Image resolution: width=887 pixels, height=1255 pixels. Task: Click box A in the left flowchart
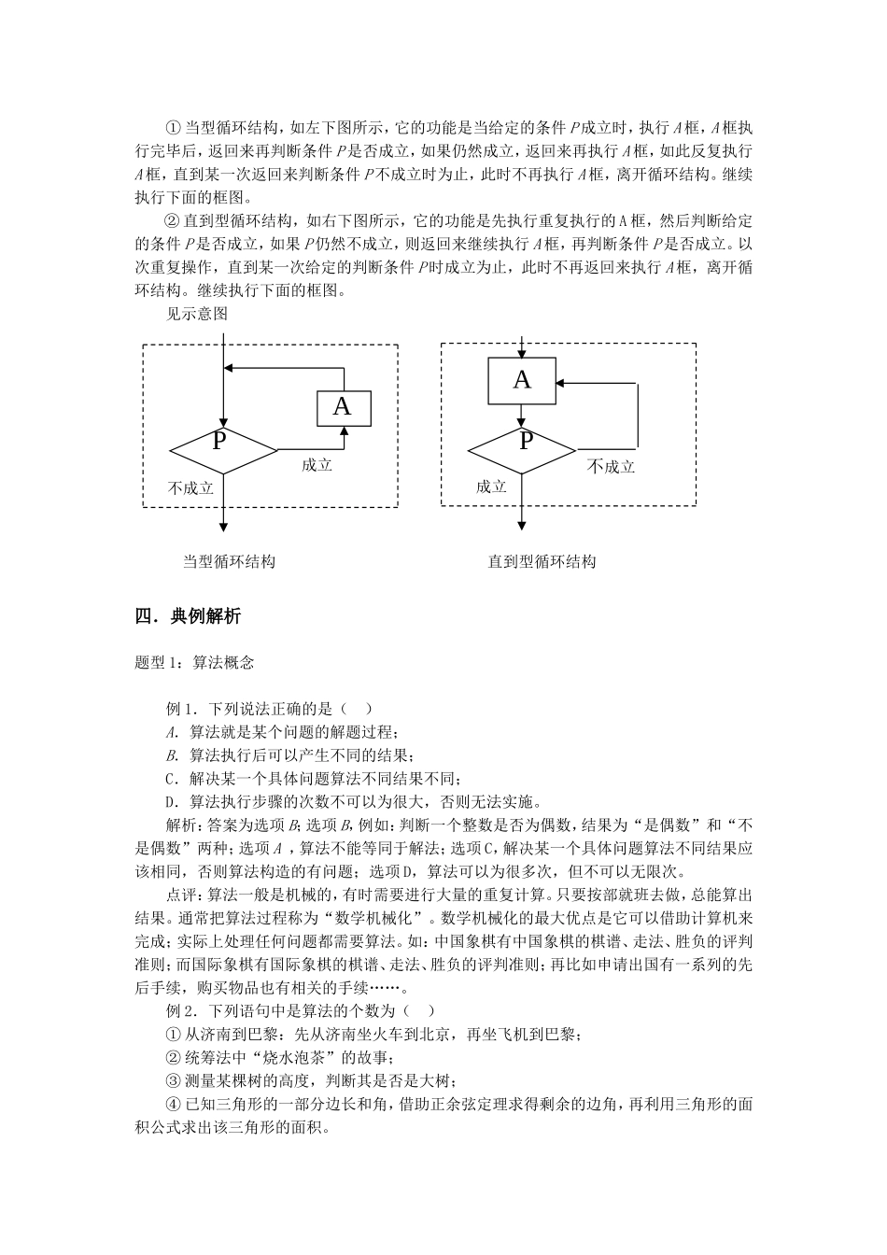click(344, 407)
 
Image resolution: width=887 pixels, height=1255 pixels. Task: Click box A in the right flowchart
click(522, 380)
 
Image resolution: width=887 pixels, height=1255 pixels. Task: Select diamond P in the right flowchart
click(521, 450)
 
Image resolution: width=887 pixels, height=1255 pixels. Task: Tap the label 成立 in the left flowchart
click(317, 464)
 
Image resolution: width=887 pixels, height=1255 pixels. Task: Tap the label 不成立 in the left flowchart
click(190, 487)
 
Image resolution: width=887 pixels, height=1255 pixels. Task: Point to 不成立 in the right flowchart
click(611, 466)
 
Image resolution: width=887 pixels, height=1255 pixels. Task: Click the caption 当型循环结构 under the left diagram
click(229, 561)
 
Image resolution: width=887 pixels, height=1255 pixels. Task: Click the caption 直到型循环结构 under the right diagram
click(542, 561)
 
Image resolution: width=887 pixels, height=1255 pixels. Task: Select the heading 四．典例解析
click(188, 615)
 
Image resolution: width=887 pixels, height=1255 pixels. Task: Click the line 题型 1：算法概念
click(194, 662)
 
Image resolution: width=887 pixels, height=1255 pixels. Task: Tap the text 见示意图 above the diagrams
click(196, 314)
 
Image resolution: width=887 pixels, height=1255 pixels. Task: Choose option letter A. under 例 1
click(172, 732)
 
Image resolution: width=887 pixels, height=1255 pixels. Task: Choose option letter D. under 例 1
click(172, 801)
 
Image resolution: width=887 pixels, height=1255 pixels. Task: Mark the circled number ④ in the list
click(172, 1105)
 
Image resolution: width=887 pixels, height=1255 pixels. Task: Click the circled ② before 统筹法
click(172, 1058)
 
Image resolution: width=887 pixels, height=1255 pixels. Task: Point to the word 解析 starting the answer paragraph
click(181, 825)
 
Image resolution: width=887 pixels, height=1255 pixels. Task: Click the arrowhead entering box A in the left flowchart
click(344, 430)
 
